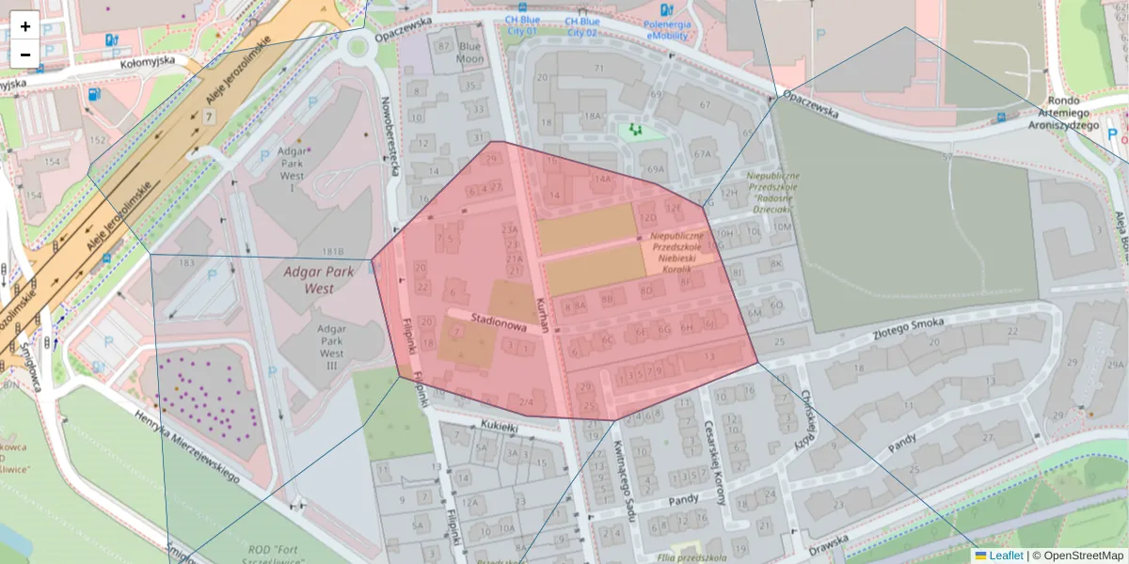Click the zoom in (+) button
pyautogui.click(x=25, y=26)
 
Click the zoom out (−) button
pyautogui.click(x=25, y=55)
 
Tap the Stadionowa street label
pyautogui.click(x=498, y=322)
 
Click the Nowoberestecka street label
pyautogui.click(x=391, y=136)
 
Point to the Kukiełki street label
pyautogui.click(x=500, y=426)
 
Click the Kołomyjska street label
pyautogui.click(x=149, y=63)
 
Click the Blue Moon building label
pyautogui.click(x=469, y=53)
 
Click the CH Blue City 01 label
pyautogui.click(x=521, y=25)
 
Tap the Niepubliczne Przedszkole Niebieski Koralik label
pyautogui.click(x=676, y=252)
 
